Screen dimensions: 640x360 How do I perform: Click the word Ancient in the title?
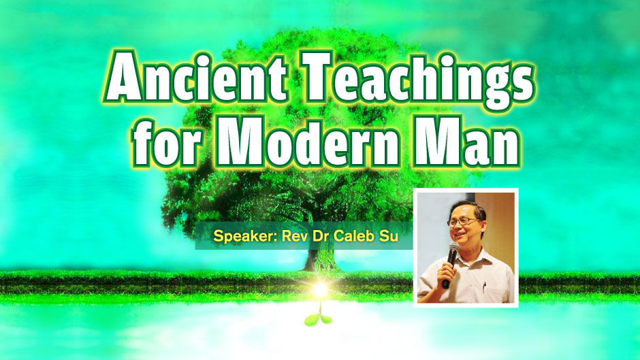pos(196,76)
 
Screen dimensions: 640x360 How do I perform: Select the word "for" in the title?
pos(167,142)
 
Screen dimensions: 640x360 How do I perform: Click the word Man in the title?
pos(466,142)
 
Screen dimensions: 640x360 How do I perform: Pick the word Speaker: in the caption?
pos(245,236)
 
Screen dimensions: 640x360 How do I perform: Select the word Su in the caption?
pos(388,236)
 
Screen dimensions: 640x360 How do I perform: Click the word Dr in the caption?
pos(321,235)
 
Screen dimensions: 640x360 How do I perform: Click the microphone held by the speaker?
pos(451,263)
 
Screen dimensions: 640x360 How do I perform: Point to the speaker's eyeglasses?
pos(464,222)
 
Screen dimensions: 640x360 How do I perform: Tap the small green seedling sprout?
pos(319,316)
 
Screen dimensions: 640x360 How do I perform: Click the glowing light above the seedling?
pos(319,289)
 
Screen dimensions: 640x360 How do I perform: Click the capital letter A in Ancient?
pos(124,76)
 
